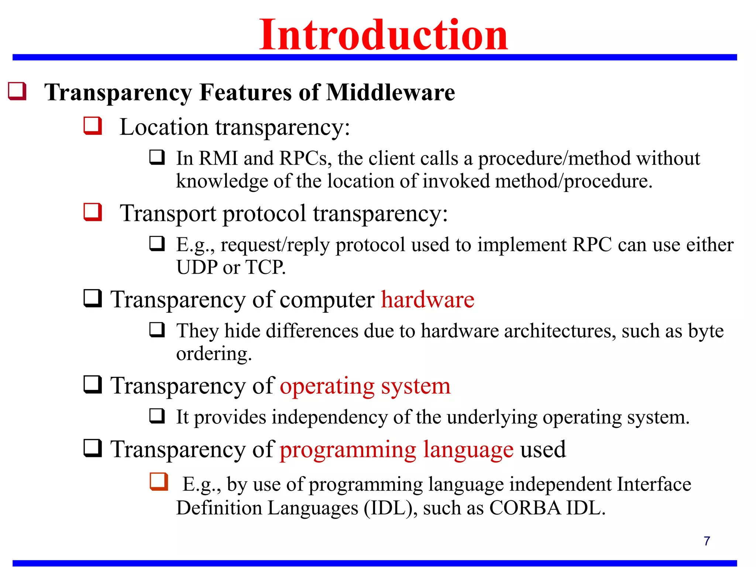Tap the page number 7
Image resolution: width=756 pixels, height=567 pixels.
tap(707, 541)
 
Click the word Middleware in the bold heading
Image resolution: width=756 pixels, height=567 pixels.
tap(391, 92)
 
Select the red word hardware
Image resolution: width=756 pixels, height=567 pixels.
tap(427, 299)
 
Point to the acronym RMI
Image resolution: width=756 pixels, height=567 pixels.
tap(218, 158)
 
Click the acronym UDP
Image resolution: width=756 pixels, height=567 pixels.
tap(197, 267)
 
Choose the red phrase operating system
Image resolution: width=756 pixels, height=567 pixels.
tap(365, 386)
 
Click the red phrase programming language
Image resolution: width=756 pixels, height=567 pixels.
tap(396, 450)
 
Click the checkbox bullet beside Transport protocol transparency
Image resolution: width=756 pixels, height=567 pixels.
tap(92, 212)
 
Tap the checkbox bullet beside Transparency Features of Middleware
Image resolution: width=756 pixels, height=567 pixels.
tap(17, 91)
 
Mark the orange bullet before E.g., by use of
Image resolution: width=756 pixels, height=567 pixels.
tap(159, 482)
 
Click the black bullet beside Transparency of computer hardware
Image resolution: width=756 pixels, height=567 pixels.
tap(92, 298)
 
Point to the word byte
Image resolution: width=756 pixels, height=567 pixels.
tap(705, 331)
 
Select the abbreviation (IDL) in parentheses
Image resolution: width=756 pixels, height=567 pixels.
tap(391, 508)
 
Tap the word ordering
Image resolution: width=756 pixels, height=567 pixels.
tap(214, 354)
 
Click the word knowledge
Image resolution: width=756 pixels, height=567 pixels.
tap(221, 181)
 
